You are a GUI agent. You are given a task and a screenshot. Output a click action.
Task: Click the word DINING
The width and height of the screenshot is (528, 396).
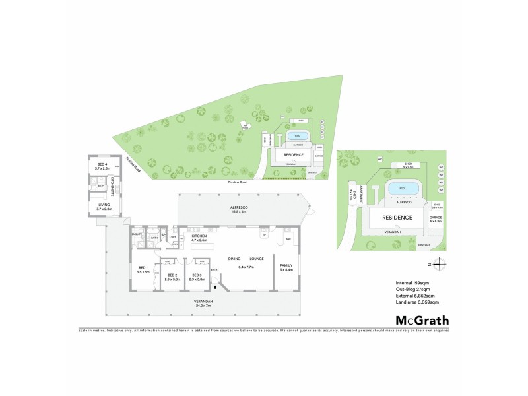tap(234, 258)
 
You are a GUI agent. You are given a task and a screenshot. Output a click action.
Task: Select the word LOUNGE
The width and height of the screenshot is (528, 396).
tap(256, 258)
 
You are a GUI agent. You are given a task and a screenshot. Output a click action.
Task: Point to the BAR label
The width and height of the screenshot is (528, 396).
tap(288, 238)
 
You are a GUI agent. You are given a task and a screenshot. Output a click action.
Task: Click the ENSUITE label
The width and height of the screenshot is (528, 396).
tap(137, 234)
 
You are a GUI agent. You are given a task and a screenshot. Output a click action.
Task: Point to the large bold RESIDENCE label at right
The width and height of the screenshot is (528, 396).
tap(396, 217)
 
